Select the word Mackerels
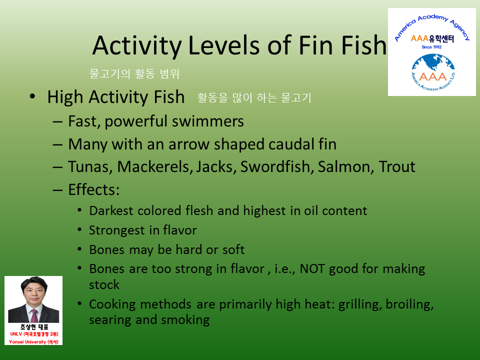point(155,167)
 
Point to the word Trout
point(396,167)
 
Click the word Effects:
point(94,190)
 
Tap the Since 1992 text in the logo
point(431,47)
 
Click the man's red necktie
point(34,315)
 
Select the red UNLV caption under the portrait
point(34,334)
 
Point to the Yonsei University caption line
point(33,342)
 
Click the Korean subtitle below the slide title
point(134,74)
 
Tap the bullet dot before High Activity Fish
point(32,96)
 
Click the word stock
point(104,284)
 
